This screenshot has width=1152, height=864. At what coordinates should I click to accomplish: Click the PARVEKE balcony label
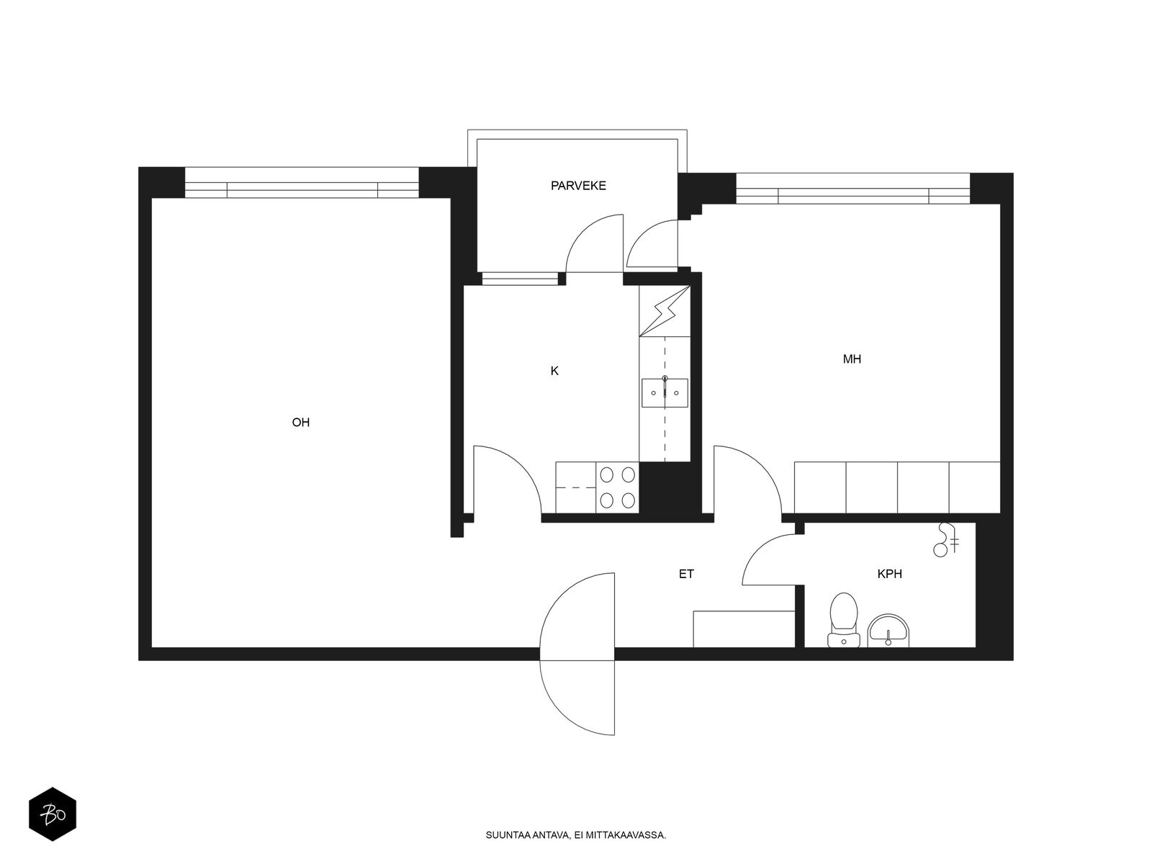(x=578, y=185)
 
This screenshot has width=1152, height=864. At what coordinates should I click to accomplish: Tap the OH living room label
(x=301, y=423)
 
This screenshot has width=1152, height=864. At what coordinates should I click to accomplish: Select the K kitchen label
(x=554, y=371)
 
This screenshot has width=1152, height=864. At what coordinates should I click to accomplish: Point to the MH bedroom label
(x=851, y=359)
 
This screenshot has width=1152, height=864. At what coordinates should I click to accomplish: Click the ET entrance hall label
(x=686, y=574)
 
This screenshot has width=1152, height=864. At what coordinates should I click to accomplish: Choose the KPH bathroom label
(x=890, y=574)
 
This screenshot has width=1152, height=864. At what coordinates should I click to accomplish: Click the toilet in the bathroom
(x=843, y=619)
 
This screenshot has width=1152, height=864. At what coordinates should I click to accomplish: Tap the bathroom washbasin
(x=888, y=631)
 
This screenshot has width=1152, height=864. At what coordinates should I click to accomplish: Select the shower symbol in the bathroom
(x=946, y=540)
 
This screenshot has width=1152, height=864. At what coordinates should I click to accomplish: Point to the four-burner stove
(x=617, y=488)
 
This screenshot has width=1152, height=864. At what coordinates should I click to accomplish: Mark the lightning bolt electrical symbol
(x=665, y=310)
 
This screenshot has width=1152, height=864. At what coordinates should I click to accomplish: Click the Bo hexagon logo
(x=53, y=814)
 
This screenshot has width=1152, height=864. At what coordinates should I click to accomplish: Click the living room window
(x=302, y=183)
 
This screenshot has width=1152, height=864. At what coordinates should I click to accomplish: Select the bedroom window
(x=853, y=189)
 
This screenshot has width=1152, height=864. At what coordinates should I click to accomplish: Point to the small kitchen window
(x=520, y=279)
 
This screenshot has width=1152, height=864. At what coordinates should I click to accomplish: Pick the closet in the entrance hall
(x=744, y=629)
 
